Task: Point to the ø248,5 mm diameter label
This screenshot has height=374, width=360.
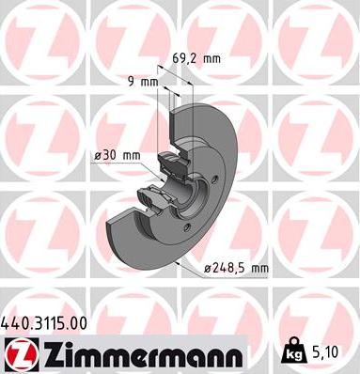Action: point(238,269)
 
